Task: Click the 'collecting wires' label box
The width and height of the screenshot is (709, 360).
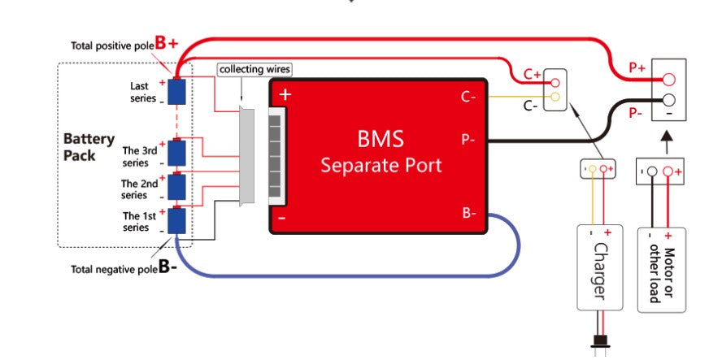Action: pos(254,70)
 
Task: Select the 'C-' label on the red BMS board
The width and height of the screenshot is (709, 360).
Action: pos(468,97)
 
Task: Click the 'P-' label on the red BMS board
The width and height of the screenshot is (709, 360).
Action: pos(468,139)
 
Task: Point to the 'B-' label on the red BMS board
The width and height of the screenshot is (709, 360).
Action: pos(468,213)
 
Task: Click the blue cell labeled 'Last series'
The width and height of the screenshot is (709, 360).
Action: pos(176,91)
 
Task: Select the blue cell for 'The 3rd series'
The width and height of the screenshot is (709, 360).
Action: pos(176,153)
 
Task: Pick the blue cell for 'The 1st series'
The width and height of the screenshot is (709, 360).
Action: pos(176,221)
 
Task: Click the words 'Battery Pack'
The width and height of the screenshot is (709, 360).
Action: pos(89,147)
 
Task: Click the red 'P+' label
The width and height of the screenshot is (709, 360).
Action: pos(637,69)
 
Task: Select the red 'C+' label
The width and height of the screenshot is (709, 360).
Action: pos(532,74)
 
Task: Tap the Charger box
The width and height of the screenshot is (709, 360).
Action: pos(599,267)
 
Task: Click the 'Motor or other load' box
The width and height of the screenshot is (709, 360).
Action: pos(660,267)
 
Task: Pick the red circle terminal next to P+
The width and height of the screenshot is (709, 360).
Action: pos(668,80)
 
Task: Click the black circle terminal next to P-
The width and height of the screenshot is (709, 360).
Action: pos(668,100)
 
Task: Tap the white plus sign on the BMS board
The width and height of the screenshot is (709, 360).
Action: pos(284,95)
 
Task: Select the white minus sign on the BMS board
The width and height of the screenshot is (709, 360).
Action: pos(282,218)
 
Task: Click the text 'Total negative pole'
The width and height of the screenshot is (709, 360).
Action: pos(113,268)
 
